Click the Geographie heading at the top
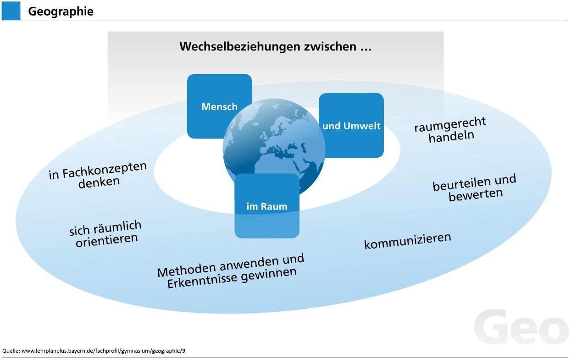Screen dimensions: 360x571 (x=61, y=11)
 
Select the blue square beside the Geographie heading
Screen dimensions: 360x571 (x=11, y=11)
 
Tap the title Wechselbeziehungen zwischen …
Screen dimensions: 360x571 (x=275, y=46)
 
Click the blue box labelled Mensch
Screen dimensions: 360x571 (x=219, y=106)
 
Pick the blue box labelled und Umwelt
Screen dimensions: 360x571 (x=351, y=125)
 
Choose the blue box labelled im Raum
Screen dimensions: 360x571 (x=267, y=206)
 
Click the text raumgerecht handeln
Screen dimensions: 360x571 (x=450, y=130)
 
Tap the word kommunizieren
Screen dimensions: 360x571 (x=408, y=241)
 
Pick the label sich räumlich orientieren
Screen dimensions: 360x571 (x=106, y=233)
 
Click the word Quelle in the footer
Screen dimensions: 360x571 (x=11, y=351)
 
